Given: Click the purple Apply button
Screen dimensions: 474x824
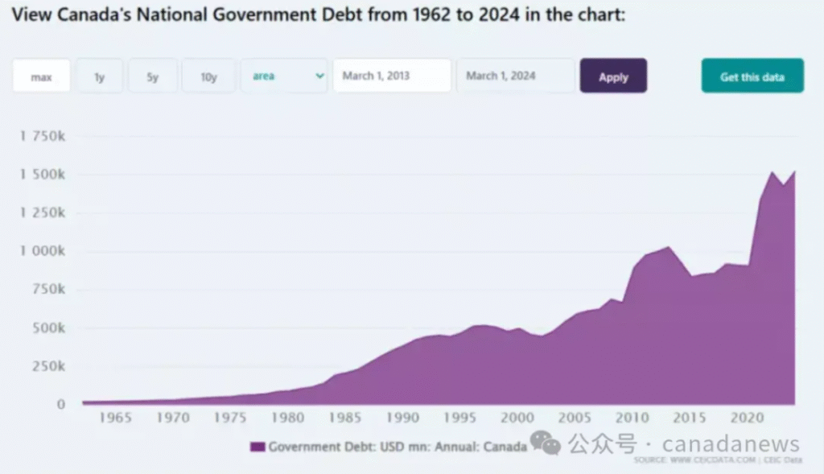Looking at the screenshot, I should [x=613, y=76].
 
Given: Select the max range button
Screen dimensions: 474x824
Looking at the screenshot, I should [x=41, y=76].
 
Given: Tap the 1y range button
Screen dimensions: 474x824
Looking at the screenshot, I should [x=100, y=76].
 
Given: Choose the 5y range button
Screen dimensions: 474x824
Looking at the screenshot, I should [x=153, y=76].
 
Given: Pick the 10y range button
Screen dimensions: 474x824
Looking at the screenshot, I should [x=208, y=76].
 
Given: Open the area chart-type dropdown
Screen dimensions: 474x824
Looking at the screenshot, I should [x=284, y=76].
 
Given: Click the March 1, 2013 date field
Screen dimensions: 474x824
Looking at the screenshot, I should [x=392, y=76].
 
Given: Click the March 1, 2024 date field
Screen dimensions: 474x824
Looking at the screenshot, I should [x=515, y=76].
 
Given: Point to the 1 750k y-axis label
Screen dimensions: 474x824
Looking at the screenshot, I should [x=42, y=137].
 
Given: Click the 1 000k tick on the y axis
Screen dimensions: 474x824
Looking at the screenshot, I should [x=42, y=251].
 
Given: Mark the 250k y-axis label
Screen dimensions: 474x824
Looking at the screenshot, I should [x=49, y=366].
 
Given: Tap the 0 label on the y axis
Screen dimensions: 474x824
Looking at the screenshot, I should [x=60, y=404].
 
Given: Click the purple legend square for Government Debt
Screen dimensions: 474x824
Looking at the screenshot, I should [x=257, y=447].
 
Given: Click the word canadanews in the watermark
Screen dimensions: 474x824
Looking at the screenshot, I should [x=731, y=444].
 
